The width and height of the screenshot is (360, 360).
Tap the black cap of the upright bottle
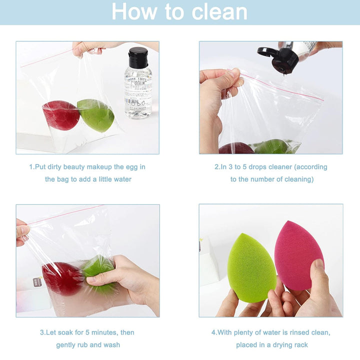coord(137,57)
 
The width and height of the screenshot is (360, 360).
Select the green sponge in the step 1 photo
coord(96,115)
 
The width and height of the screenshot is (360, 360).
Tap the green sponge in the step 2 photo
coord(272,147)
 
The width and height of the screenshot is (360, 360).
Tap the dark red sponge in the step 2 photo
coord(236,148)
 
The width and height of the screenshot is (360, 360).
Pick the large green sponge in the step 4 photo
coord(251,267)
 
